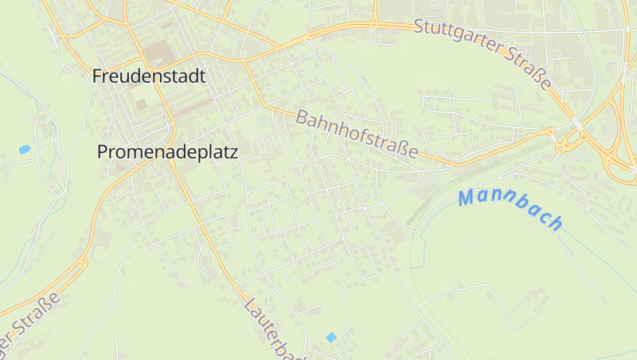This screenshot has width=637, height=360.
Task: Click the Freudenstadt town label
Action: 149,76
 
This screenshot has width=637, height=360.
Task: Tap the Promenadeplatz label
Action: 167,152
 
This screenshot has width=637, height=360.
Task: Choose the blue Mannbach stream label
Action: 511,209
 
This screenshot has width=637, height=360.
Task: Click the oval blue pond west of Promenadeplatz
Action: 25,149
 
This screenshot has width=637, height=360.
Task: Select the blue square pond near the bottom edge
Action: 331,337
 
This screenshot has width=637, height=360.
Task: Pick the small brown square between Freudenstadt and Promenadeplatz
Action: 141,104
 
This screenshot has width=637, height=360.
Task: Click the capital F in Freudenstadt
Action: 97,76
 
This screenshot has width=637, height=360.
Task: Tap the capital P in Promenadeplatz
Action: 102,152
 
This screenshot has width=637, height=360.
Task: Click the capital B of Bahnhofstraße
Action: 302,119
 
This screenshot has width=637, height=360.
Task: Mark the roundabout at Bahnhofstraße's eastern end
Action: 549,131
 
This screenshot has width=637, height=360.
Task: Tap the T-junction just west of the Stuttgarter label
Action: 373,22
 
